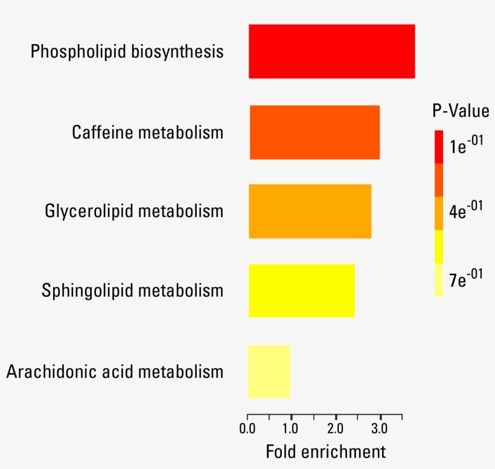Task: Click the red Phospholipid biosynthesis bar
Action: [332, 51]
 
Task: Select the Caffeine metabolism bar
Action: [315, 132]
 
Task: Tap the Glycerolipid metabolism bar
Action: [310, 211]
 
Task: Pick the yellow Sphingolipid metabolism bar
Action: [302, 291]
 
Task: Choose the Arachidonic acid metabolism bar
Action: [269, 372]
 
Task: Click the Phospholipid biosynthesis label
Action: [127, 51]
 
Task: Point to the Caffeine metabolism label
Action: [148, 132]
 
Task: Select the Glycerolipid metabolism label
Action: [134, 211]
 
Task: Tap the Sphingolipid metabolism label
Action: [133, 291]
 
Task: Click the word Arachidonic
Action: [52, 371]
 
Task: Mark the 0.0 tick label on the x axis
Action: [247, 429]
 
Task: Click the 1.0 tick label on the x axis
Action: [290, 429]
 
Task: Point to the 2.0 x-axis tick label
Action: [335, 429]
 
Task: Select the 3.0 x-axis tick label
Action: [380, 429]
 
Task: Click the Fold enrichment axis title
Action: [326, 451]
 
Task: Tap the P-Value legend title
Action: [461, 111]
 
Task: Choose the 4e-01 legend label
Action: [466, 210]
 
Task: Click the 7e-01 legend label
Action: [466, 278]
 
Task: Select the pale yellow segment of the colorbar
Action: [439, 280]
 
